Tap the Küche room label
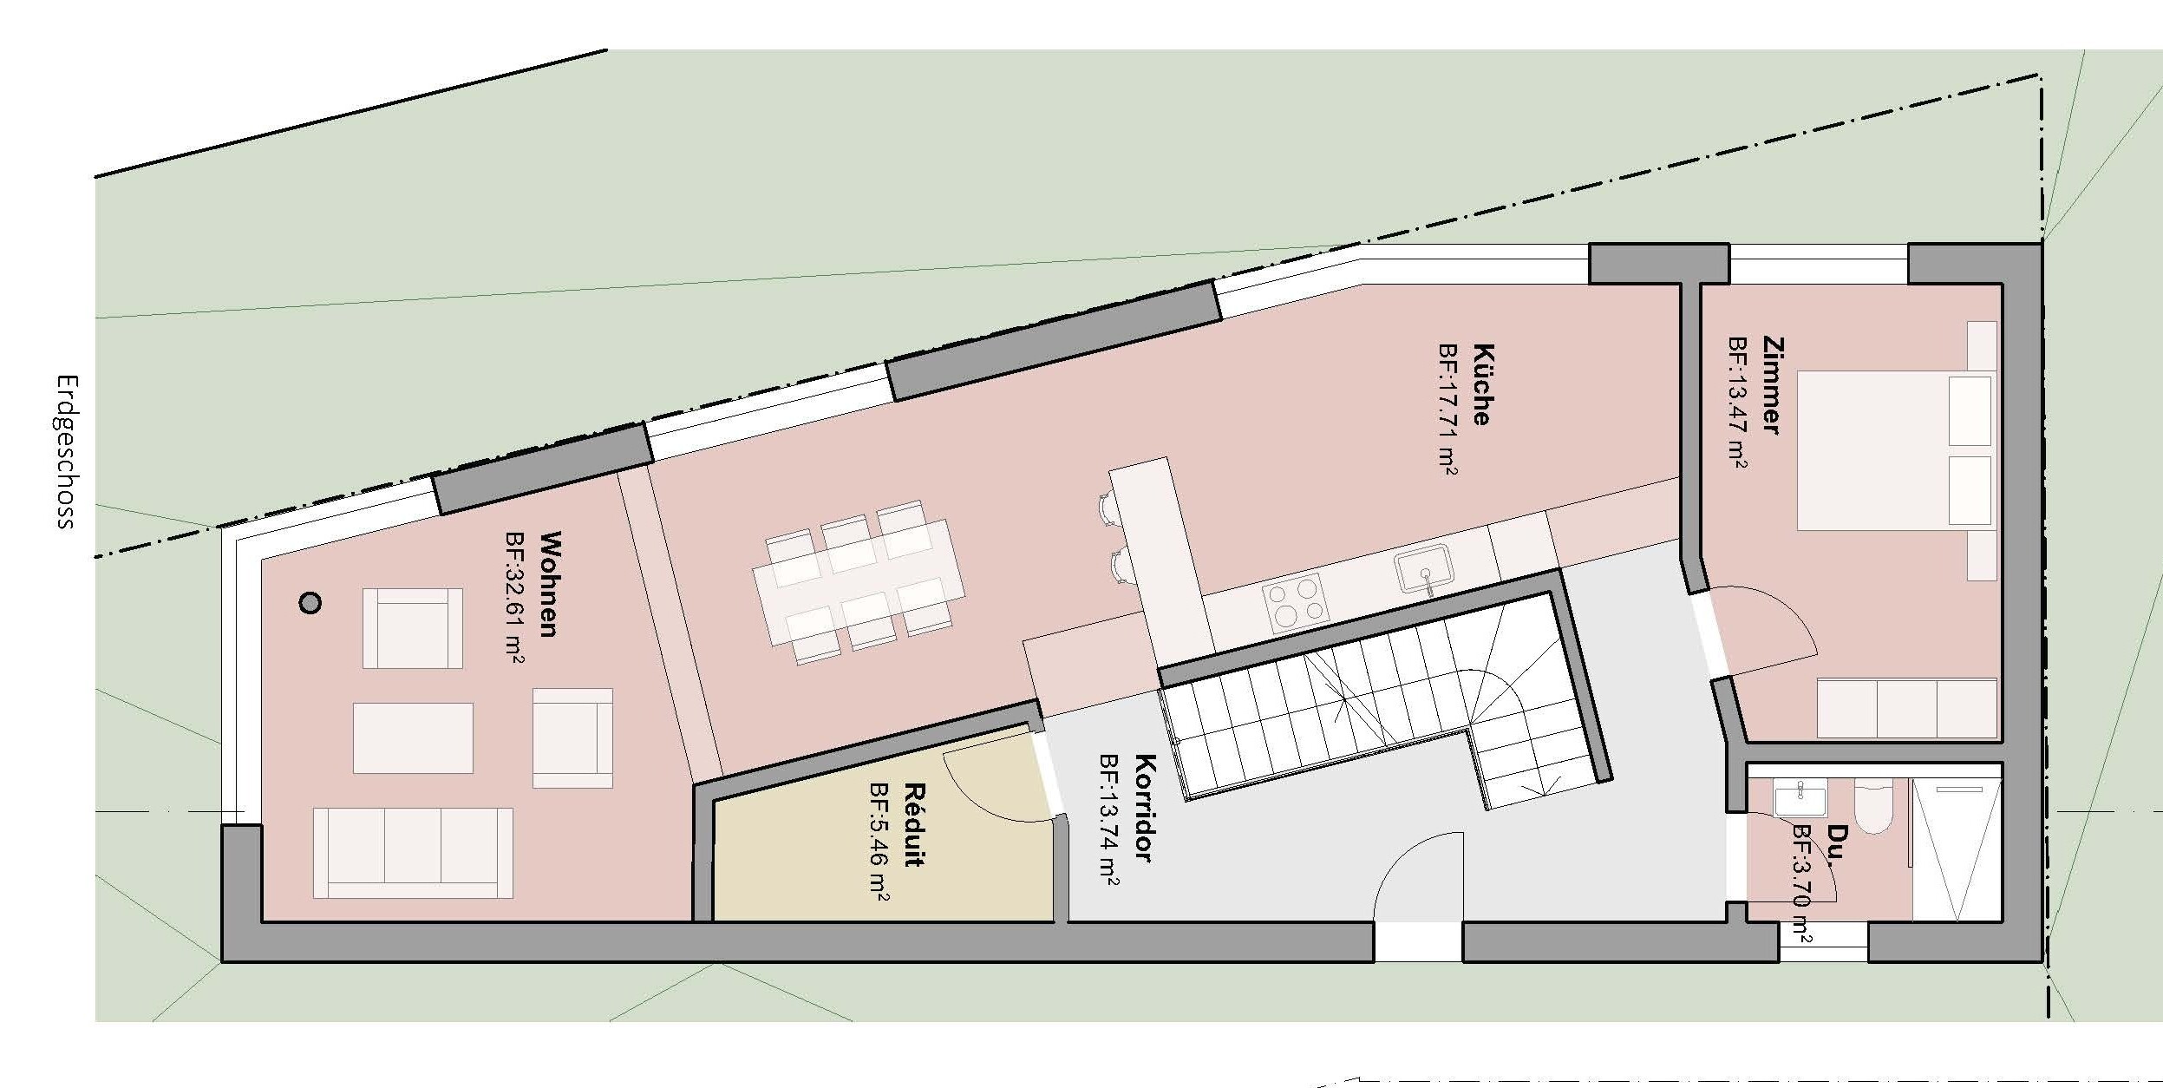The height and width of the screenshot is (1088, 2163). pos(1482,384)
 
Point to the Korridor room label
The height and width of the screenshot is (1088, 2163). pos(1144,808)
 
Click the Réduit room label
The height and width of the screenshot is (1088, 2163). pos(913,825)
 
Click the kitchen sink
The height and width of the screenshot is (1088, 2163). pos(1422,568)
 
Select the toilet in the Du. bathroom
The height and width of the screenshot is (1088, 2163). pos(1872,808)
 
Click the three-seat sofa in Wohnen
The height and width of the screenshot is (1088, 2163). pos(413,852)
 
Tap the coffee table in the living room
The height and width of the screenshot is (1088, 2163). pos(413,737)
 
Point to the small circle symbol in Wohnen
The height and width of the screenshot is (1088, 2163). pos(310,603)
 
